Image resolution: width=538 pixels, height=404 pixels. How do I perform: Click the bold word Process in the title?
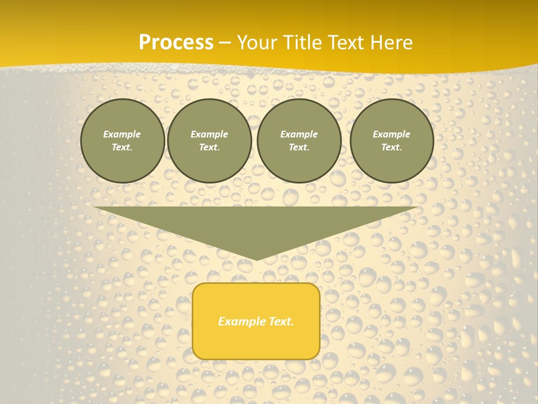(x=176, y=43)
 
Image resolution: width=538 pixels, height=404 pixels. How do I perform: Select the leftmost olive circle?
(x=122, y=141)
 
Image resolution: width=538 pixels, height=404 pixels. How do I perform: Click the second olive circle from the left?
(x=210, y=141)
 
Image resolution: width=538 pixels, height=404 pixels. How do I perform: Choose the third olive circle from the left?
(x=299, y=141)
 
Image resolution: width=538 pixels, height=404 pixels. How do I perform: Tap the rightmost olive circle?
(x=392, y=141)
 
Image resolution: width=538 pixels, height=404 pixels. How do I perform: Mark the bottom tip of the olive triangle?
(x=256, y=259)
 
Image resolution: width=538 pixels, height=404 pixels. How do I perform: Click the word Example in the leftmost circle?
(x=122, y=134)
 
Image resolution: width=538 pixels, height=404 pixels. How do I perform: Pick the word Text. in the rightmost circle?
(x=392, y=148)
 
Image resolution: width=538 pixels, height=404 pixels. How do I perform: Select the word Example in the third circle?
(x=299, y=134)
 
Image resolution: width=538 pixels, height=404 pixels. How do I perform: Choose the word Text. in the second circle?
(x=210, y=148)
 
